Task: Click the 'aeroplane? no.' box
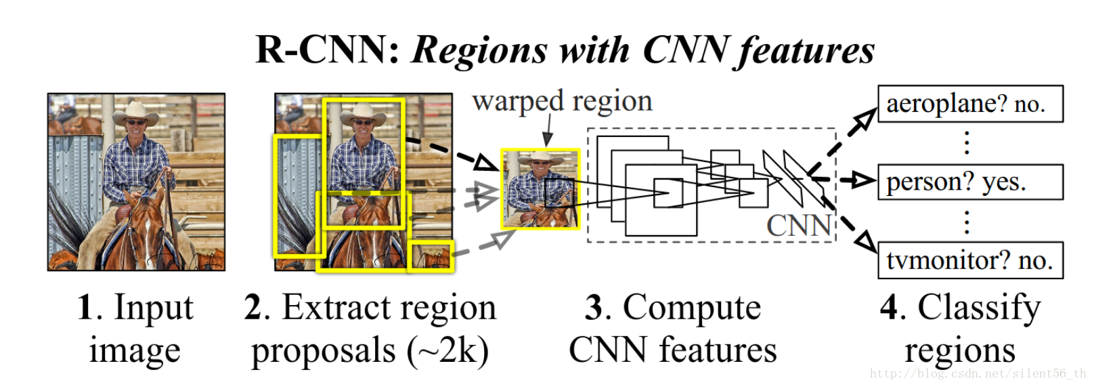(x=969, y=104)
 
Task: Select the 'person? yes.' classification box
(x=969, y=182)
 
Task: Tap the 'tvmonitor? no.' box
(x=969, y=260)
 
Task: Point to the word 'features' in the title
(x=806, y=50)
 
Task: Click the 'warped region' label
(x=562, y=101)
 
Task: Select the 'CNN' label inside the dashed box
(x=799, y=226)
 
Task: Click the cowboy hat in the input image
(x=136, y=112)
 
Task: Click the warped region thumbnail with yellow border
(x=540, y=188)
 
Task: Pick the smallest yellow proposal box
(x=431, y=257)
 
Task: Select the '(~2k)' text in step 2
(x=447, y=351)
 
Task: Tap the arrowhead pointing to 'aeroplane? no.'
(x=862, y=121)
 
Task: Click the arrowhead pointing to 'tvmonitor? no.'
(x=865, y=241)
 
